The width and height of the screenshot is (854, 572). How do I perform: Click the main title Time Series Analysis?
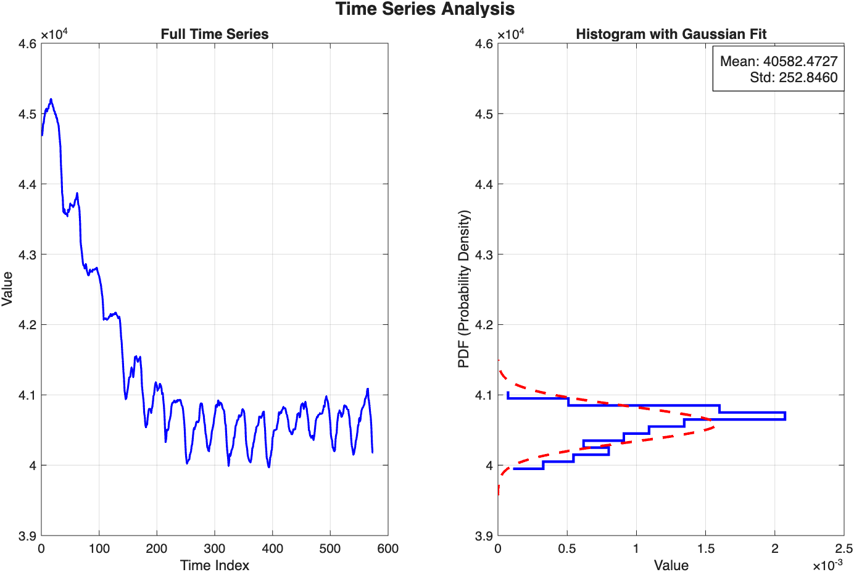(x=425, y=9)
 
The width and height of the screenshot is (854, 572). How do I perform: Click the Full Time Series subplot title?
(x=214, y=35)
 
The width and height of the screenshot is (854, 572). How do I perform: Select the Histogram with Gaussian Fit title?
(x=671, y=35)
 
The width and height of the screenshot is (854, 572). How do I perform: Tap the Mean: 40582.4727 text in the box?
(x=779, y=61)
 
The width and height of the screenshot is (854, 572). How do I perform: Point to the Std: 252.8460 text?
(x=794, y=77)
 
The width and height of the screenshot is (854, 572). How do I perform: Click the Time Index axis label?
(x=214, y=565)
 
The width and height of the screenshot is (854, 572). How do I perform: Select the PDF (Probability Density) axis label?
(x=464, y=289)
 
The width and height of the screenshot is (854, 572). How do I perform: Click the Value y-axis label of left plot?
(x=7, y=288)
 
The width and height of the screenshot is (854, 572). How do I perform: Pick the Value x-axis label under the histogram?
(x=671, y=565)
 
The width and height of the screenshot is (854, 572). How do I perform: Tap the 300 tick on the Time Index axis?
(x=214, y=549)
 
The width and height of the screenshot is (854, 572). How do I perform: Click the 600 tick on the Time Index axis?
(x=388, y=549)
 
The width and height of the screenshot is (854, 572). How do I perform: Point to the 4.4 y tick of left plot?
(x=28, y=184)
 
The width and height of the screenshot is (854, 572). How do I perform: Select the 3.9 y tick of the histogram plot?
(x=484, y=536)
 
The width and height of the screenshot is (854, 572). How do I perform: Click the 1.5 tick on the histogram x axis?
(x=706, y=549)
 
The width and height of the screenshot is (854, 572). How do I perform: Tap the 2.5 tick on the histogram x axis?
(x=844, y=549)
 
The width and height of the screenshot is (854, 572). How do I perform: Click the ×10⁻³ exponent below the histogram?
(x=827, y=565)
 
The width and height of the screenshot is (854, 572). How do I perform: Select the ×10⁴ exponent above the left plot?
(x=54, y=34)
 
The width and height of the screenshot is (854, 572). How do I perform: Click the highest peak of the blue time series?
(x=51, y=99)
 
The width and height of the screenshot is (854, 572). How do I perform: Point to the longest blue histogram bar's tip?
(x=785, y=416)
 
